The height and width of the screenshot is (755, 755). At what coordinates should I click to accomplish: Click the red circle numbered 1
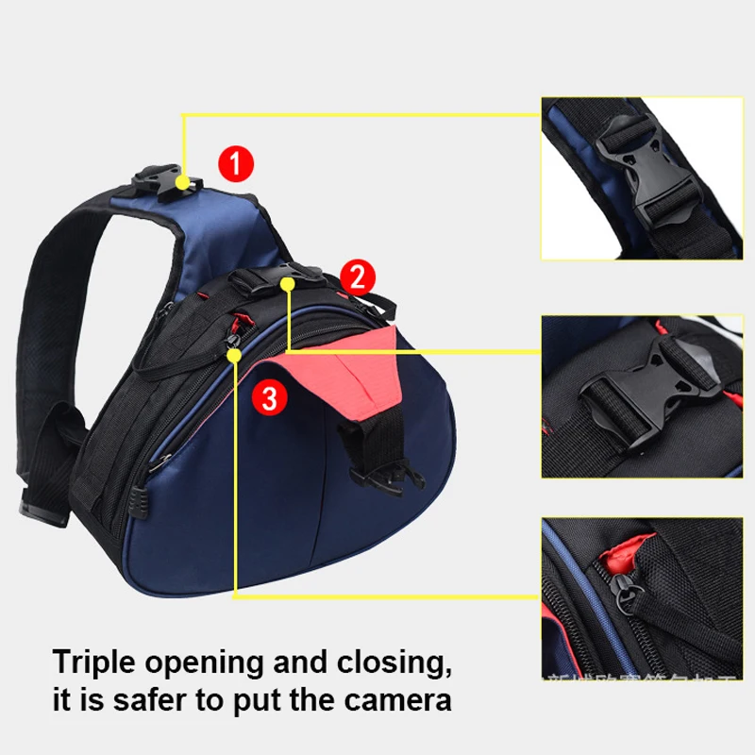click(x=235, y=164)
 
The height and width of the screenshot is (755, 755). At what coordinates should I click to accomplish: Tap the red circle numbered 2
click(x=357, y=277)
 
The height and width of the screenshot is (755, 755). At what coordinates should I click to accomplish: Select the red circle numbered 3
click(x=269, y=398)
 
